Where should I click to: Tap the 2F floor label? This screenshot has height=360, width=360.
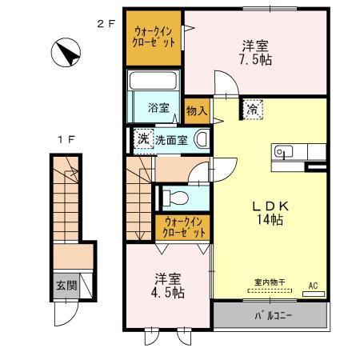coord(106,23)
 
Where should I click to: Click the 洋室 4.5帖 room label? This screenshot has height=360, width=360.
coord(168,286)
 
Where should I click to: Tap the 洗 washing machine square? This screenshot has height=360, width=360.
coord(142,138)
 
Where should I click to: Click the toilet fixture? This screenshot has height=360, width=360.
coord(177,196)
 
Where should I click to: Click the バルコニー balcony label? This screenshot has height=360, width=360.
coord(274,315)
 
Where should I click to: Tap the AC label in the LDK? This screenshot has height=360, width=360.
coord(313,286)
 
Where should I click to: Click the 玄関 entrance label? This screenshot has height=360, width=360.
coord(66,286)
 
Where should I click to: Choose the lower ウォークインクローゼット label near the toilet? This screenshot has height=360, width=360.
coord(183,227)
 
